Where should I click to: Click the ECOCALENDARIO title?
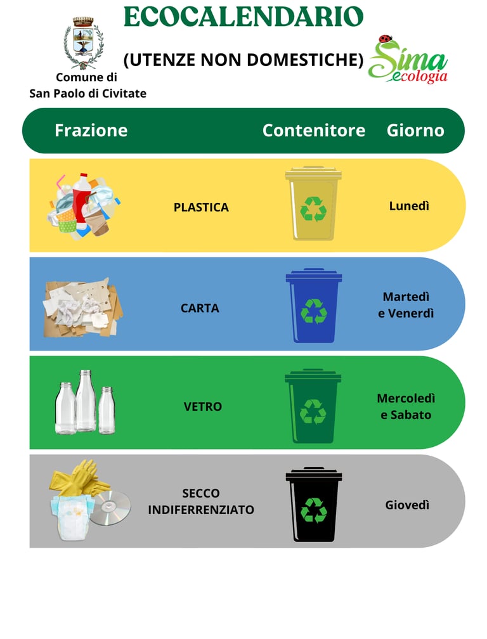pos(243,16)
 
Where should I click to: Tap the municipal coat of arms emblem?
pos(82,43)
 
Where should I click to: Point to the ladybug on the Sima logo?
pos(384,39)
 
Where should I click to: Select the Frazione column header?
pos(91,131)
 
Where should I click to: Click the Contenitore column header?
pos(314,131)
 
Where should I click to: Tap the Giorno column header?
pos(415,131)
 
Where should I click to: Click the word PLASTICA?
pos(201,207)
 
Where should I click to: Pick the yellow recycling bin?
pos(313,203)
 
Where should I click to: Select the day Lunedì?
pos(409,206)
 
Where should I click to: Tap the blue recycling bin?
pos(313,306)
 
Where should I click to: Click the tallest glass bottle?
pos(86,401)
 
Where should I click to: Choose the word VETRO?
pos(203,407)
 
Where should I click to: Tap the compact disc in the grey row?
pos(110,508)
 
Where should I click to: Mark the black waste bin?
pos(313,505)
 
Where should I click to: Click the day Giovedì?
pos(407,505)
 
